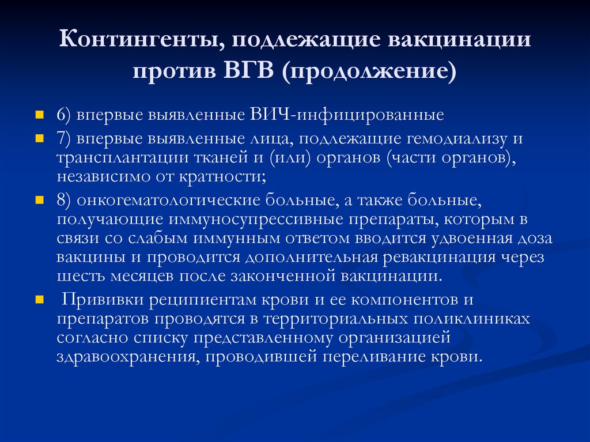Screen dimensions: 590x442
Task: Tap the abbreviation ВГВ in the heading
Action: tap(249, 70)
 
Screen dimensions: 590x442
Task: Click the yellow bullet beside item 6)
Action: tap(40, 115)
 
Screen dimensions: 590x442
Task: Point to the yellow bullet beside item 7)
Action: tap(40, 138)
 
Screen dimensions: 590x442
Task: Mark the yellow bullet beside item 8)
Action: tap(40, 200)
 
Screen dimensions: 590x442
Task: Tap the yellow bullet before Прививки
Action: tap(40, 300)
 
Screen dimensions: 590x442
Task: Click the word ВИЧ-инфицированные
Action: tap(347, 115)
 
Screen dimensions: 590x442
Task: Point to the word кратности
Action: tap(222, 176)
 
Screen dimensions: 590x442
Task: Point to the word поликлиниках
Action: tap(472, 319)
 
